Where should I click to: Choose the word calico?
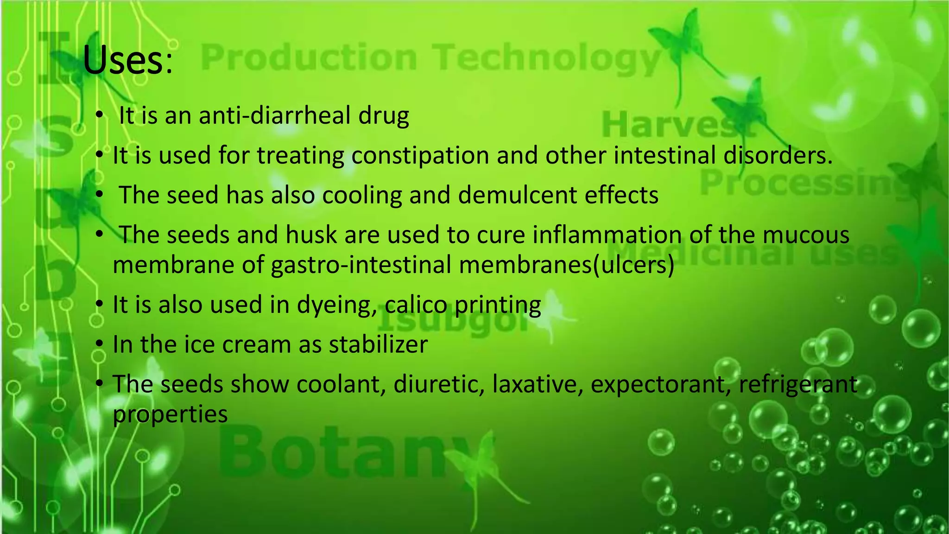click(x=416, y=305)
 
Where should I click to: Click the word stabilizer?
click(x=378, y=345)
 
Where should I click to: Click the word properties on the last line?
click(x=170, y=414)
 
